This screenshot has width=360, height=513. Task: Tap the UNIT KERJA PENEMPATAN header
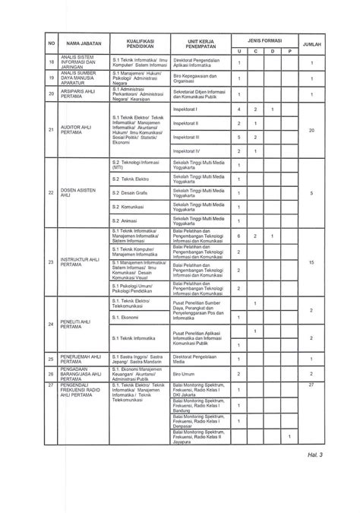click(x=201, y=45)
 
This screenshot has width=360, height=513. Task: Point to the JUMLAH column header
click(x=312, y=45)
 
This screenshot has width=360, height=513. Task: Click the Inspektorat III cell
click(x=186, y=137)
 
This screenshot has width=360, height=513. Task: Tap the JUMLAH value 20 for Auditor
click(x=312, y=131)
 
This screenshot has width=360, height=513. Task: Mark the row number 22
click(x=51, y=193)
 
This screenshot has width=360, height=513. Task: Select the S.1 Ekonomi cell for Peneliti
click(x=125, y=317)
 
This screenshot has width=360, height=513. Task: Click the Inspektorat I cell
click(x=185, y=109)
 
